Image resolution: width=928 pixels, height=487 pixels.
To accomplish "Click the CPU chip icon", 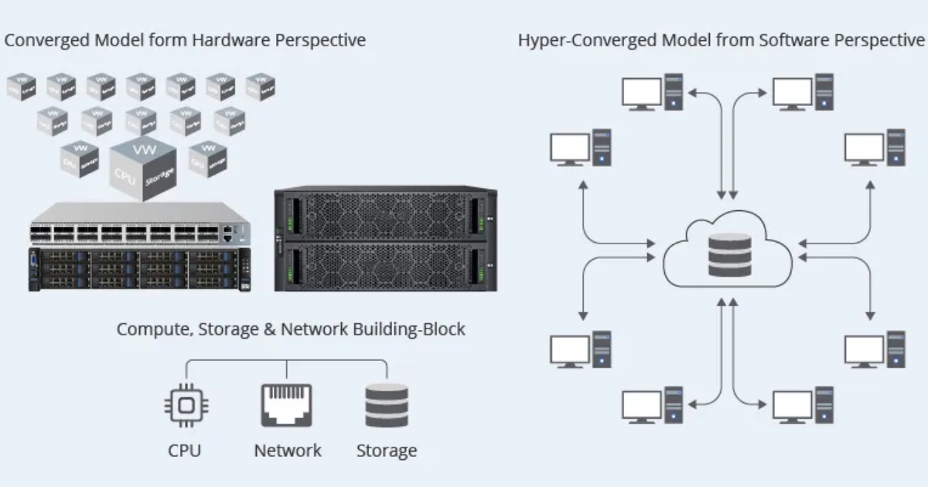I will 186,405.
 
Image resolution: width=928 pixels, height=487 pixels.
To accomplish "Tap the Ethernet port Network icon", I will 286,405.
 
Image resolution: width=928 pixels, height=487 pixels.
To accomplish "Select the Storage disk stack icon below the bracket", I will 387,405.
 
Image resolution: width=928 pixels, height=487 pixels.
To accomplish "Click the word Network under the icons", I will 288,451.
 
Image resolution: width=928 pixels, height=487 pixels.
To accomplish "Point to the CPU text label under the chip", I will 186,451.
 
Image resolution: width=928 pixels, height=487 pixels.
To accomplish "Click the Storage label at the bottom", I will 387,451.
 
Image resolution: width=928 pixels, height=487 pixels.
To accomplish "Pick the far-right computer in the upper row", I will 874,147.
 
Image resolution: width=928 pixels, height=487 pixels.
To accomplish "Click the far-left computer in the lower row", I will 581,350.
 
